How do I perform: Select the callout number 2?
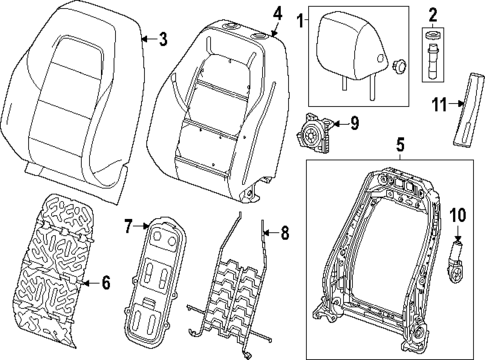point(433,15)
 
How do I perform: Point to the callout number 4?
point(276,14)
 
